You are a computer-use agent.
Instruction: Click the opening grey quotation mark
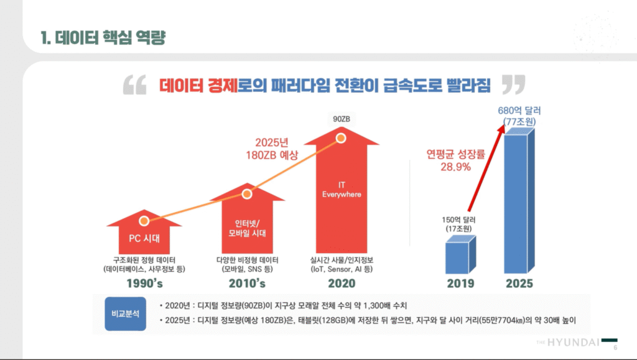click(134, 85)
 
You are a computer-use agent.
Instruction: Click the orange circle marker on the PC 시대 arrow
click(144, 221)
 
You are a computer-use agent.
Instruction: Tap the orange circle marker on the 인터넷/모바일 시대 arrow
click(247, 195)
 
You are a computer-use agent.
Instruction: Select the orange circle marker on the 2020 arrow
click(341, 138)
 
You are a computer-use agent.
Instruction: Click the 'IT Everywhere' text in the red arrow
click(341, 190)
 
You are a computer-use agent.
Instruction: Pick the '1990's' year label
click(144, 284)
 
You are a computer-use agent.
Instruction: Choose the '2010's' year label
click(247, 284)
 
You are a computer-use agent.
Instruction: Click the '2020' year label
click(341, 284)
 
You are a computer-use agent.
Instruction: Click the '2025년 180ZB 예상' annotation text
click(272, 149)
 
